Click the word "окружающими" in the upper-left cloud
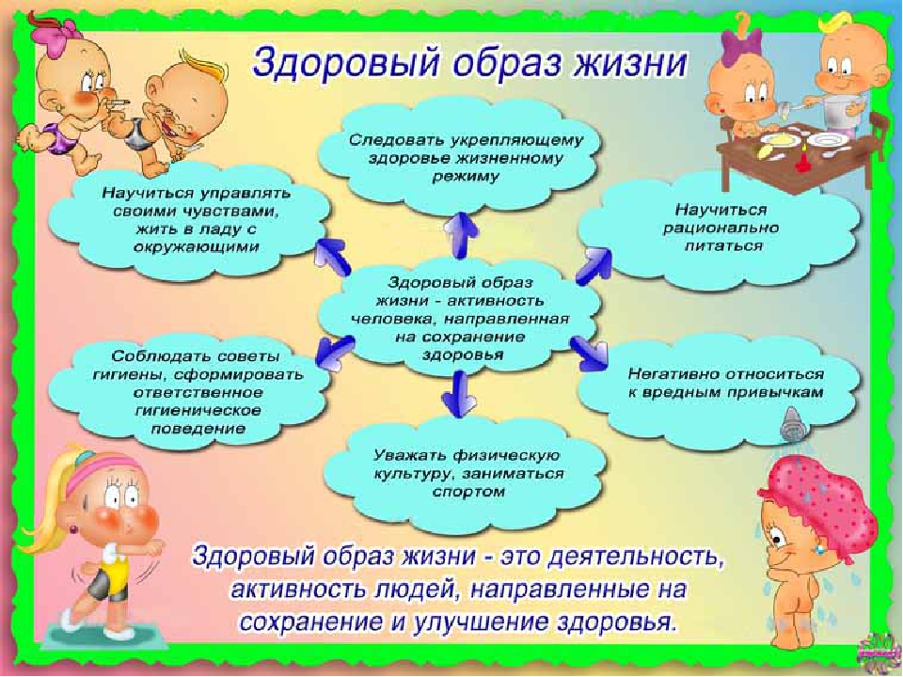197,247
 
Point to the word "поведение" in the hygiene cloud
198,429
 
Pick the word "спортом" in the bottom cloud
467,492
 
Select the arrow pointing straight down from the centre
459,394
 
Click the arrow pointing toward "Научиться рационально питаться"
594,265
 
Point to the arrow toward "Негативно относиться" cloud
590,353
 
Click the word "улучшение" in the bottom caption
482,622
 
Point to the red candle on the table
801,160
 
